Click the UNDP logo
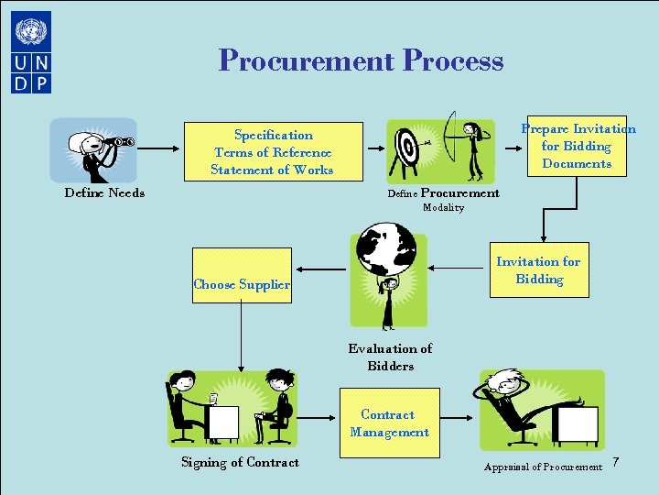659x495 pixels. pos(32,51)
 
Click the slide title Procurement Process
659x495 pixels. pos(361,60)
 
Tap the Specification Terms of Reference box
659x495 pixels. pos(272,152)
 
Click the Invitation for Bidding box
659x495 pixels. pos(538,269)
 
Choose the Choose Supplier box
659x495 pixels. pos(242,284)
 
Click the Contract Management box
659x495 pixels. pos(389,423)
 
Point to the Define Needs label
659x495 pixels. pos(104,193)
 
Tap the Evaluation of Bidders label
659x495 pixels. pos(390,357)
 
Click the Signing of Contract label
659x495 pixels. pos(240,463)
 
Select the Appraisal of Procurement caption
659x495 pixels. pos(543,467)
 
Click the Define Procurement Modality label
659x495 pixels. pos(444,199)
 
